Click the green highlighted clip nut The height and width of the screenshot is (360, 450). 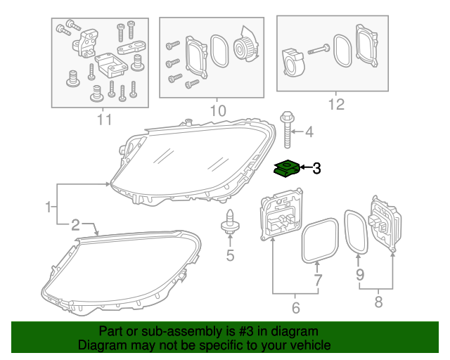point(285,169)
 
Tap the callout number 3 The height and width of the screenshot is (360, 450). point(316,168)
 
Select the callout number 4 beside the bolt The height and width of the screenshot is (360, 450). point(309,131)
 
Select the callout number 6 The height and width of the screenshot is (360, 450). point(295,307)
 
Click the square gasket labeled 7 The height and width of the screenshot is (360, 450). point(316,239)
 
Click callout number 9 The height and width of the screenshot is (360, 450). point(360,276)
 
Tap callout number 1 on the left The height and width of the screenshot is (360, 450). point(48,207)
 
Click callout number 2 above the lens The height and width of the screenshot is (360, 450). point(75,225)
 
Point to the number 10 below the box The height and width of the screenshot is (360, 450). point(218,110)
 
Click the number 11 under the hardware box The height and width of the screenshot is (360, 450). point(104,120)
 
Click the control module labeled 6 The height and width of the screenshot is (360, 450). point(282,215)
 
